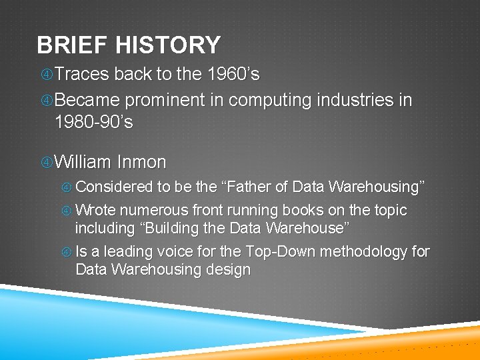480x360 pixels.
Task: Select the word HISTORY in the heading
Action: point(167,45)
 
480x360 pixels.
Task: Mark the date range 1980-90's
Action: point(94,123)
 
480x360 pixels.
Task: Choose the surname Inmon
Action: point(141,162)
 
